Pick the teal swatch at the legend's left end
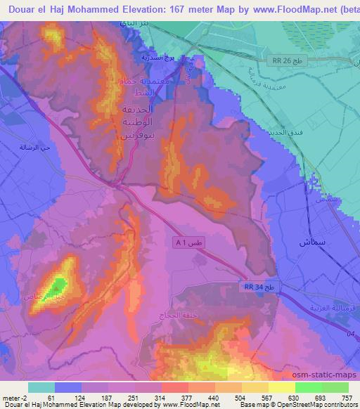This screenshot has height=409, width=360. click(x=41, y=387)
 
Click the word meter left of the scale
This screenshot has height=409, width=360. click(x=10, y=398)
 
